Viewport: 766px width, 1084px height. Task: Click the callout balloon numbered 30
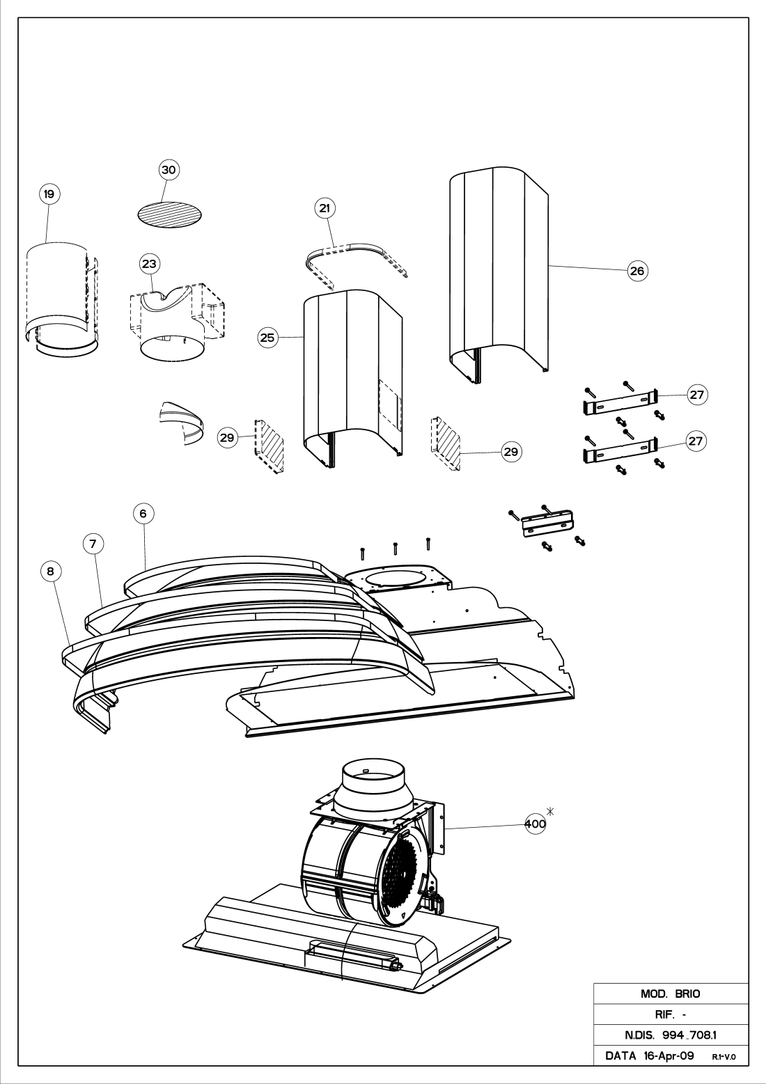pos(169,170)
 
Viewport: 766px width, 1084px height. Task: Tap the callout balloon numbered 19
pos(49,194)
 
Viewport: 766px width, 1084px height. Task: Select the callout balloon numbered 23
pos(150,264)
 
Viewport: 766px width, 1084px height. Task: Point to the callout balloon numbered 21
pos(325,208)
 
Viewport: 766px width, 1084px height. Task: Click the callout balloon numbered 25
pos(267,337)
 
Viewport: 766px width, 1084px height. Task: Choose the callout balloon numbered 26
pos(637,271)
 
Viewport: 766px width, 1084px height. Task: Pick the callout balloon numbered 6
pos(143,513)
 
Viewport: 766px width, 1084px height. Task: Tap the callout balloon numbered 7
pos(93,544)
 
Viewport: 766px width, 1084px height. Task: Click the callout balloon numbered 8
pos(51,572)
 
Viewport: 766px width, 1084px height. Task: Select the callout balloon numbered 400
pos(536,824)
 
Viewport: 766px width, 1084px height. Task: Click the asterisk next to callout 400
pos(549,811)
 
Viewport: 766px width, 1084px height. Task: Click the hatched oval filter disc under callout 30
pos(170,215)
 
